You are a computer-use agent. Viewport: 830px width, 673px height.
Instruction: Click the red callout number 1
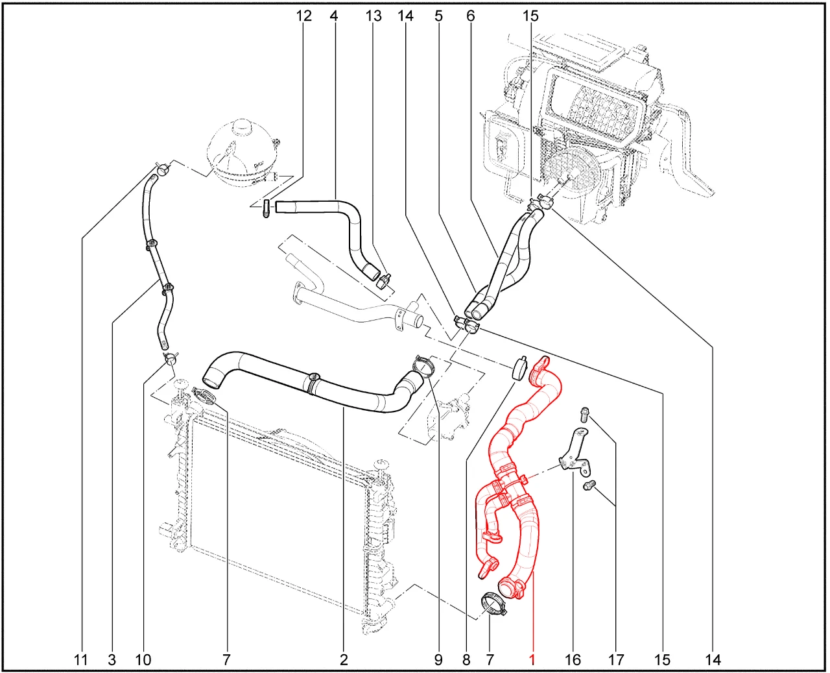pos(532,660)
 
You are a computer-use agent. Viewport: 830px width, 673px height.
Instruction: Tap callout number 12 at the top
pos(304,16)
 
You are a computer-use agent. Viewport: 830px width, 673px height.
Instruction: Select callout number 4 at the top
pos(333,16)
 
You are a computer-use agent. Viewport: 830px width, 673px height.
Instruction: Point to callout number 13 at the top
pos(373,16)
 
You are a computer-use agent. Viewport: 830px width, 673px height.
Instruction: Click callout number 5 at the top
pos(439,16)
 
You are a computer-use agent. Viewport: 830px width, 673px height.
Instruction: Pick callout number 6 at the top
pos(471,16)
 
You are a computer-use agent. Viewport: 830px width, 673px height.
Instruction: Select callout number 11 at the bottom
pos(80,660)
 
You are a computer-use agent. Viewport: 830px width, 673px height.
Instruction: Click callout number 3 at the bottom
pos(112,660)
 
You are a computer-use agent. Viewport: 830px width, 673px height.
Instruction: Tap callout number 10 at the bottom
pos(143,660)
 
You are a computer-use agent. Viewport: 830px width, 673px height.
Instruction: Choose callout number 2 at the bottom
pos(343,660)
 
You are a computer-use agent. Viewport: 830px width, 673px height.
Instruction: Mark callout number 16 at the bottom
pos(573,660)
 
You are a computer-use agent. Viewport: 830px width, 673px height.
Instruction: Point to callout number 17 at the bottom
pos(616,660)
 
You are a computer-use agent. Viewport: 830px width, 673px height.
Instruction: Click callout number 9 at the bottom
pos(438,660)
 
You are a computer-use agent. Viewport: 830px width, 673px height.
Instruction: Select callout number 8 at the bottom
pos(466,660)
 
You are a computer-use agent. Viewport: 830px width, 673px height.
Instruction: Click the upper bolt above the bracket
pos(584,415)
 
